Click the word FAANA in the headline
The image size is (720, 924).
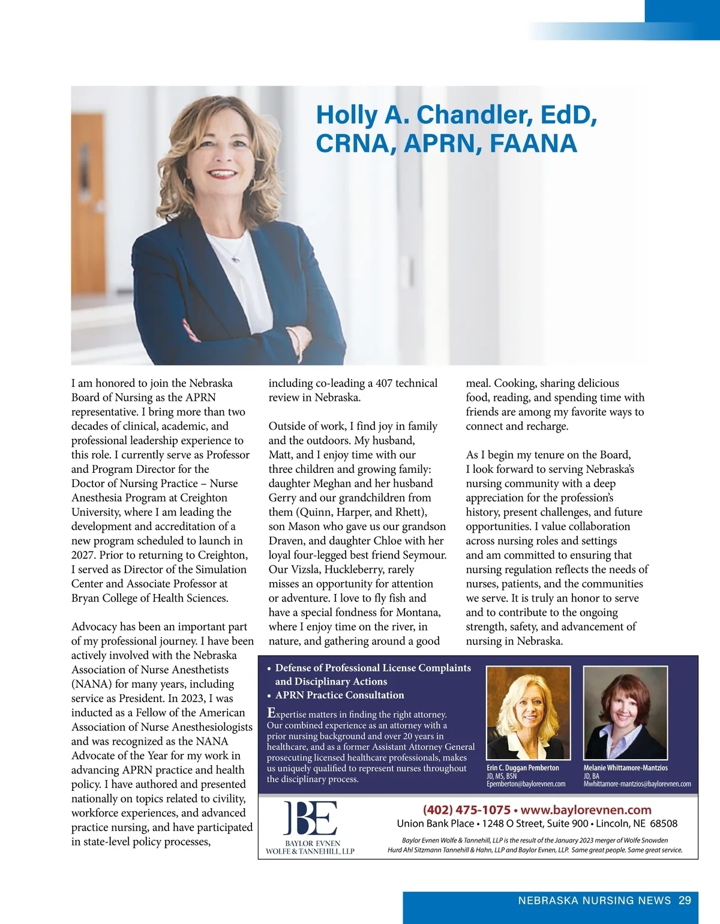(533, 144)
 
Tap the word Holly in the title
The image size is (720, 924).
(347, 115)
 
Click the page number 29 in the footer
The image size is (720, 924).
(685, 900)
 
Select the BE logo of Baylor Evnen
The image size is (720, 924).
(310, 817)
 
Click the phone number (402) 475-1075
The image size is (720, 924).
(466, 810)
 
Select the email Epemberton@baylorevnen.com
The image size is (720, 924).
(526, 784)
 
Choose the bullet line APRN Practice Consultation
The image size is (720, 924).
(340, 695)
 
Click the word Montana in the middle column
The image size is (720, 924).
(418, 613)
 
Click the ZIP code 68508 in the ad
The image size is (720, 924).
(664, 824)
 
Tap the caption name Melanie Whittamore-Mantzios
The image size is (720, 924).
(625, 768)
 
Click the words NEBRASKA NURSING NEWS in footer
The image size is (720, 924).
(594, 900)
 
